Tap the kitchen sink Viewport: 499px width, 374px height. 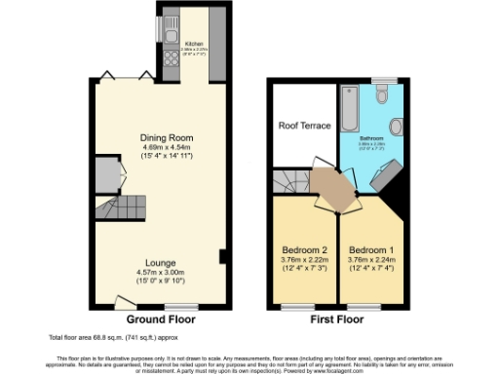click(x=170, y=37)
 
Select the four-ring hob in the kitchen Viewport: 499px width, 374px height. click(x=170, y=58)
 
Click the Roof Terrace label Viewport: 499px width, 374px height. click(x=305, y=126)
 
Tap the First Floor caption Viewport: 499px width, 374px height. click(x=337, y=319)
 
